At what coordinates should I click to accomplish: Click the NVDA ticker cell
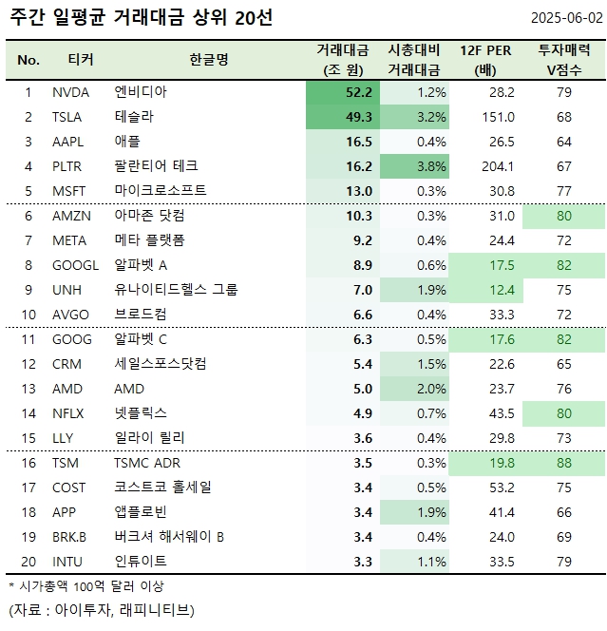click(x=72, y=92)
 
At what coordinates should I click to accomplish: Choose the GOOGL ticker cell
click(x=76, y=265)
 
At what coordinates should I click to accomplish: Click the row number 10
click(x=28, y=315)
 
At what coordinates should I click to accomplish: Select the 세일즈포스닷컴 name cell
click(x=161, y=364)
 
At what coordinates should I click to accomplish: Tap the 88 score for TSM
click(x=565, y=463)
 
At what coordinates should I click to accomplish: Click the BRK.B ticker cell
click(x=72, y=537)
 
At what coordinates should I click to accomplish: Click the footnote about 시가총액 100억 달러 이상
click(x=86, y=586)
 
